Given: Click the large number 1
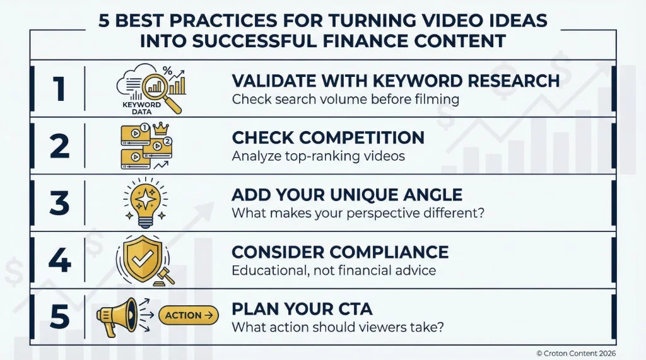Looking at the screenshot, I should click(x=58, y=89).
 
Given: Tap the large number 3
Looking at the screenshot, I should click(x=59, y=203).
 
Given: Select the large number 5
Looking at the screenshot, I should click(x=59, y=317).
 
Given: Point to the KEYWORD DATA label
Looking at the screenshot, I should click(x=141, y=108).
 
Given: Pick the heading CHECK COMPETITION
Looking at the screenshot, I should click(x=328, y=137).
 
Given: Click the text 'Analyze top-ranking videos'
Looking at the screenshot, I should click(x=319, y=156).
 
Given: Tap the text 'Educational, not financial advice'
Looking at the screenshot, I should click(x=334, y=270).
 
